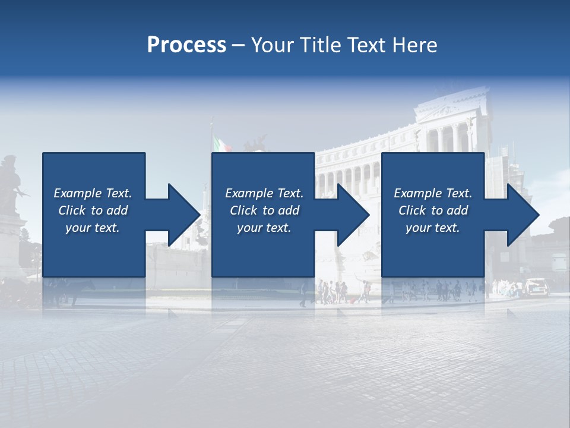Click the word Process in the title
[186, 45]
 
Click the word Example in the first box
[78, 193]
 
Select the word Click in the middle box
[242, 210]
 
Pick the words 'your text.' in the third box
[432, 228]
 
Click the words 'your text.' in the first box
[93, 228]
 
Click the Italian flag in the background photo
[221, 144]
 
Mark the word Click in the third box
[412, 210]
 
